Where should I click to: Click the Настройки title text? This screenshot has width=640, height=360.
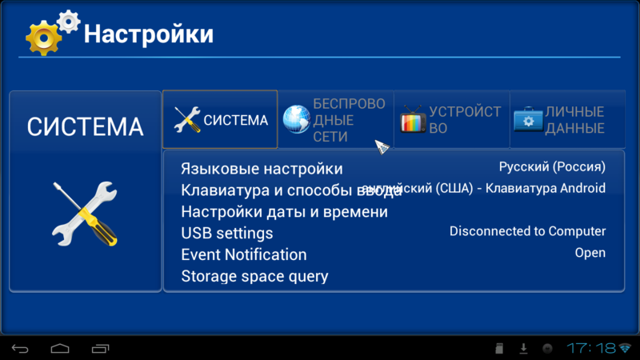[x=149, y=34]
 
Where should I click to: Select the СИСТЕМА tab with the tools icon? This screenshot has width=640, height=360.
[x=220, y=120]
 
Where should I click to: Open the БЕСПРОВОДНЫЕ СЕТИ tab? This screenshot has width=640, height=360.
[x=336, y=120]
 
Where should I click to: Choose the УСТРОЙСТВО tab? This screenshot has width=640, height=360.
[x=451, y=120]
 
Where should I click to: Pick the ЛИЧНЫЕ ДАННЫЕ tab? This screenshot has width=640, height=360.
[x=566, y=120]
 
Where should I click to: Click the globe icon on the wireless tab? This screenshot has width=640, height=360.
[x=296, y=120]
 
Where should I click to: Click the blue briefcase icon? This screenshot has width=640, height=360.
[x=528, y=120]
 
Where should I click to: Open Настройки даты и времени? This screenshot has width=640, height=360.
[x=284, y=212]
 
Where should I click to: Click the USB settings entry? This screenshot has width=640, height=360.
[x=227, y=234]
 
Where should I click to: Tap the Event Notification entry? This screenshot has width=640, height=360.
[x=244, y=255]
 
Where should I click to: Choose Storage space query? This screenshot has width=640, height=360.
[x=254, y=277]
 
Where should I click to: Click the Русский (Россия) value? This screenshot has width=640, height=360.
[x=552, y=167]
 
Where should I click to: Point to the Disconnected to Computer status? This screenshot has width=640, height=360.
[x=527, y=231]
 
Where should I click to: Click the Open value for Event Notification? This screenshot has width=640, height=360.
[x=590, y=253]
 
